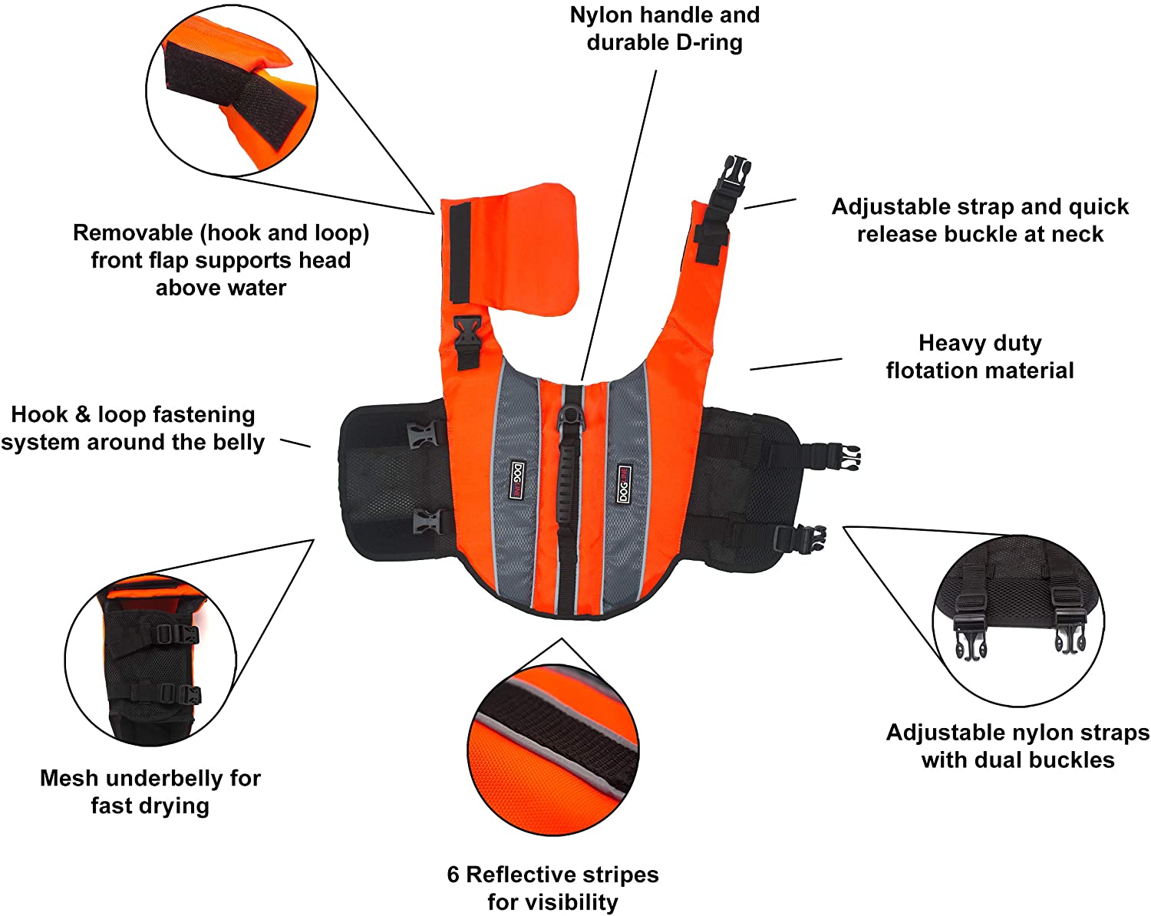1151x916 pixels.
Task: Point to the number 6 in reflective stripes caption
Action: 453,875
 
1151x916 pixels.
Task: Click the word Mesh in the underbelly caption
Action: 68,779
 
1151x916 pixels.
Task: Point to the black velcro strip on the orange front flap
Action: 460,253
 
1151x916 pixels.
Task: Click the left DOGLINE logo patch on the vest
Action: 518,480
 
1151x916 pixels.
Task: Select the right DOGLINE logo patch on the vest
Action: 623,483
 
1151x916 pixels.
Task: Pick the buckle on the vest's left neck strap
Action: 467,341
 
